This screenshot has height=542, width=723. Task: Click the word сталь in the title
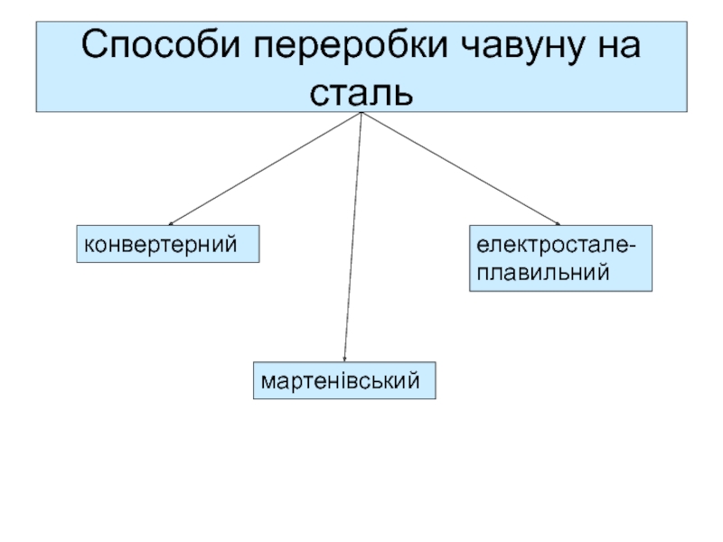point(361,91)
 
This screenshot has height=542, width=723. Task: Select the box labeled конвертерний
point(168,244)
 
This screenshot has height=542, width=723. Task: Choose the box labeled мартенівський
point(343,382)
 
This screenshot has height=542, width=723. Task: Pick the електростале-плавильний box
point(559,257)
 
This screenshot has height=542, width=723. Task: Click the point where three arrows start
point(361,114)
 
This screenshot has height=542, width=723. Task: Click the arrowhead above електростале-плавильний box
point(558,223)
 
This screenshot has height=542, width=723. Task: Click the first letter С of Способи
point(97,45)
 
